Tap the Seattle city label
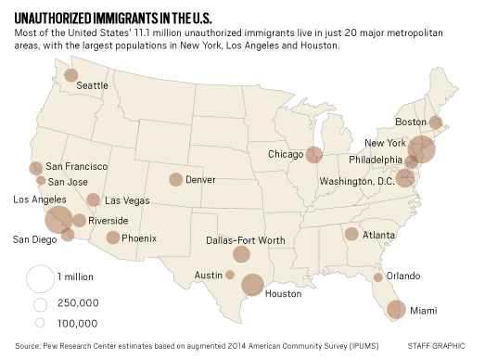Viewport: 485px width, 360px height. pos(93,85)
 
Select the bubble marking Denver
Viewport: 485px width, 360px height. pos(175,180)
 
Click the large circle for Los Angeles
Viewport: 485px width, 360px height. pos(59,220)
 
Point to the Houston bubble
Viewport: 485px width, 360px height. pos(252,284)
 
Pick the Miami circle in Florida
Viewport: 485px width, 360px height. pos(396,310)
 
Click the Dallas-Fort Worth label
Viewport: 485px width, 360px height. pos(246,240)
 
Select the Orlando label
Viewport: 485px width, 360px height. pos(403,276)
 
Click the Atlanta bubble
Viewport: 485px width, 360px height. pos(351,234)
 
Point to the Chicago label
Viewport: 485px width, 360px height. pos(286,154)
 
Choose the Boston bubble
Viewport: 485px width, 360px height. pos(435,122)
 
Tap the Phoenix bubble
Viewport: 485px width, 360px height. pos(113,238)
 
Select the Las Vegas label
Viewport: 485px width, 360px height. pos(125,201)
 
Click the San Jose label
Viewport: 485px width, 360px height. pos(69,181)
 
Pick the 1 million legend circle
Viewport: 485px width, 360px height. pos(39,277)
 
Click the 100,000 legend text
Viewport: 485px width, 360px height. pos(77,323)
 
